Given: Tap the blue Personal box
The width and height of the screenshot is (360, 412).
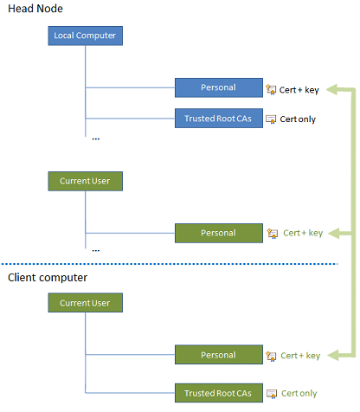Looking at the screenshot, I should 218,87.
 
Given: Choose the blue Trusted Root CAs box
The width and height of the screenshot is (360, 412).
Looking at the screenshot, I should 218,118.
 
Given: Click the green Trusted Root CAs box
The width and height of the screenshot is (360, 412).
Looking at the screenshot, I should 218,393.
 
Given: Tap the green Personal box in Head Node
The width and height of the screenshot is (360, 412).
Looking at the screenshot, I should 218,233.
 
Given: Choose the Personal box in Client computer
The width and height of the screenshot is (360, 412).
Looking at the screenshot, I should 218,355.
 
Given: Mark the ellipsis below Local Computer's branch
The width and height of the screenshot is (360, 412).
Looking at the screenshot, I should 96,136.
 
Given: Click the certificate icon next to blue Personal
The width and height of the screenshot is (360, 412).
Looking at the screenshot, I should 272,88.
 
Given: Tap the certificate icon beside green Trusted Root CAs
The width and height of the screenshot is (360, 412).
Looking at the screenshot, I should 272,394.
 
